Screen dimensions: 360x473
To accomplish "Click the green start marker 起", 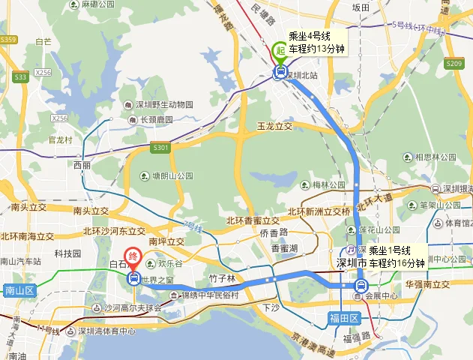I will [x=280, y=50].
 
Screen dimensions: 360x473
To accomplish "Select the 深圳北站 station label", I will [x=305, y=75].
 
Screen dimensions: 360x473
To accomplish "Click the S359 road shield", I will [x=8, y=39].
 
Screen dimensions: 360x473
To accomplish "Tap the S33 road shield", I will [x=20, y=76].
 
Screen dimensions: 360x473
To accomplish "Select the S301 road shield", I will [x=160, y=148].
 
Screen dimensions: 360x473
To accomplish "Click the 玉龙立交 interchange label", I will [x=274, y=126].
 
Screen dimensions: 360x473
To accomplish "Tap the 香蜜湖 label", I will [x=284, y=247].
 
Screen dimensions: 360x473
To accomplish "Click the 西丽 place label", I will [x=82, y=164].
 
